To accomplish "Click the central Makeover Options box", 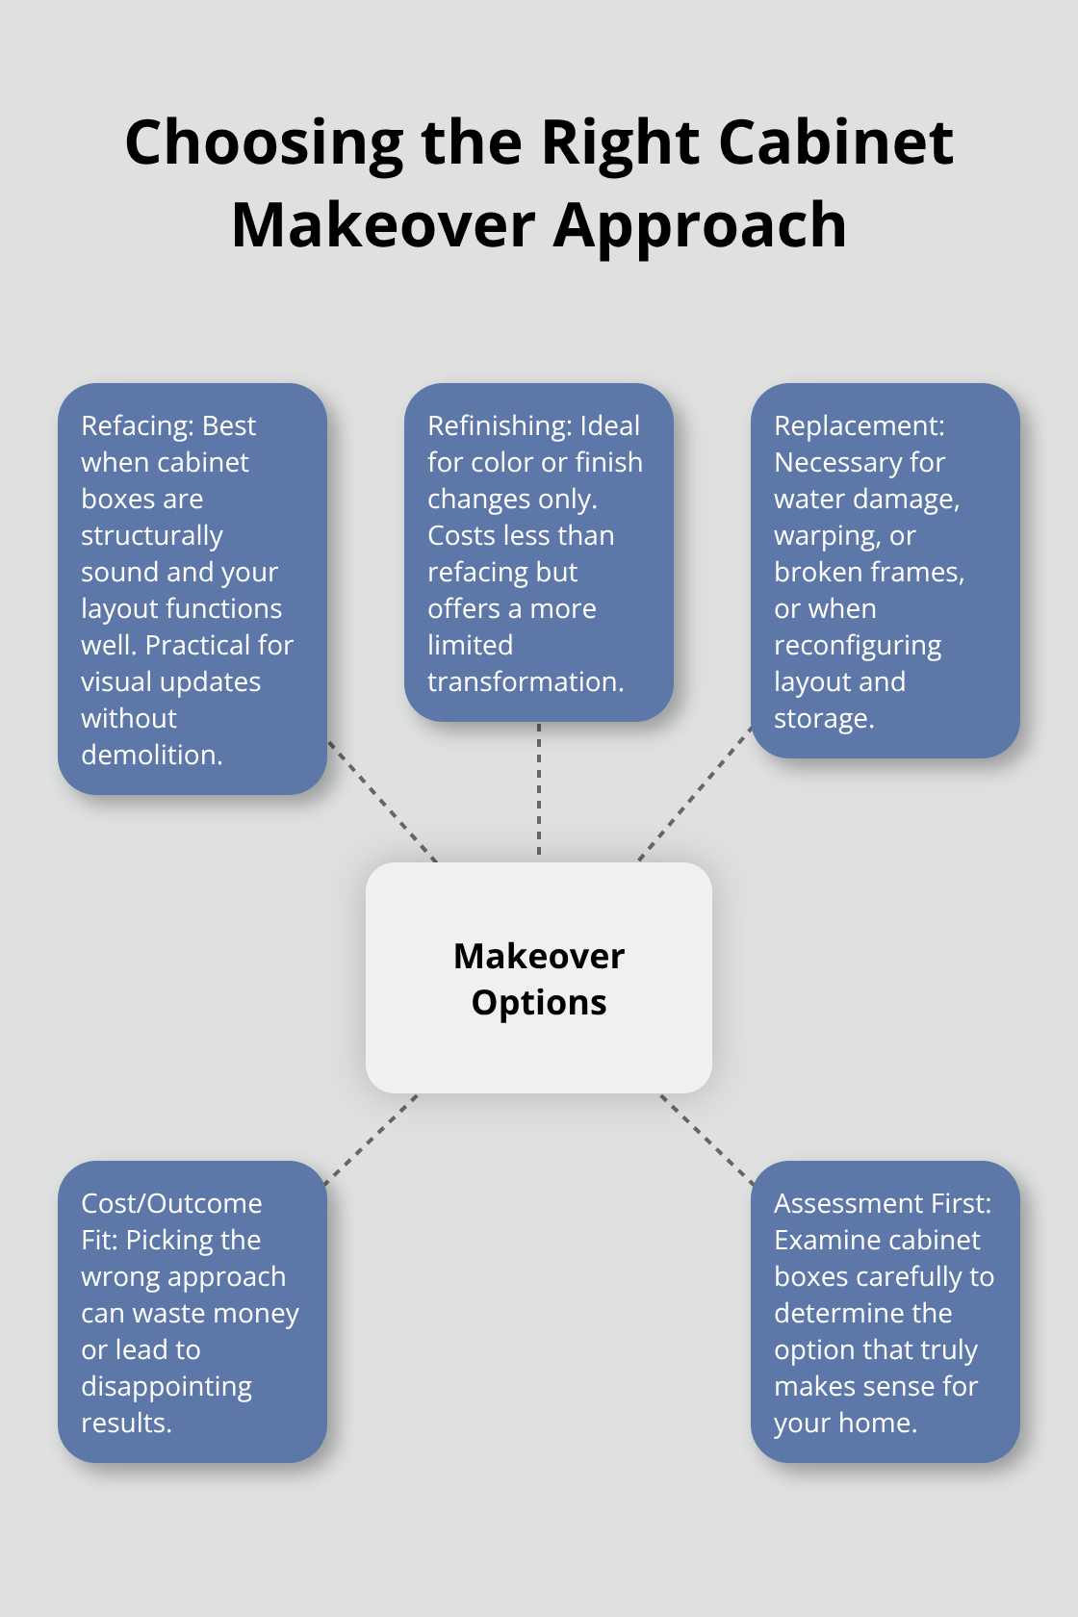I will click(539, 978).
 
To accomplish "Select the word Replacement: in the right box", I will click(860, 426).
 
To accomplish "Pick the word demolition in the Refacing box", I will click(150, 756).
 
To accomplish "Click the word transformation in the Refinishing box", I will click(525, 682).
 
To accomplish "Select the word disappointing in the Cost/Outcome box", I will click(167, 1387).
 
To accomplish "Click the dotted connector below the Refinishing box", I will click(539, 789).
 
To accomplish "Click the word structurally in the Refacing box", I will click(152, 536).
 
